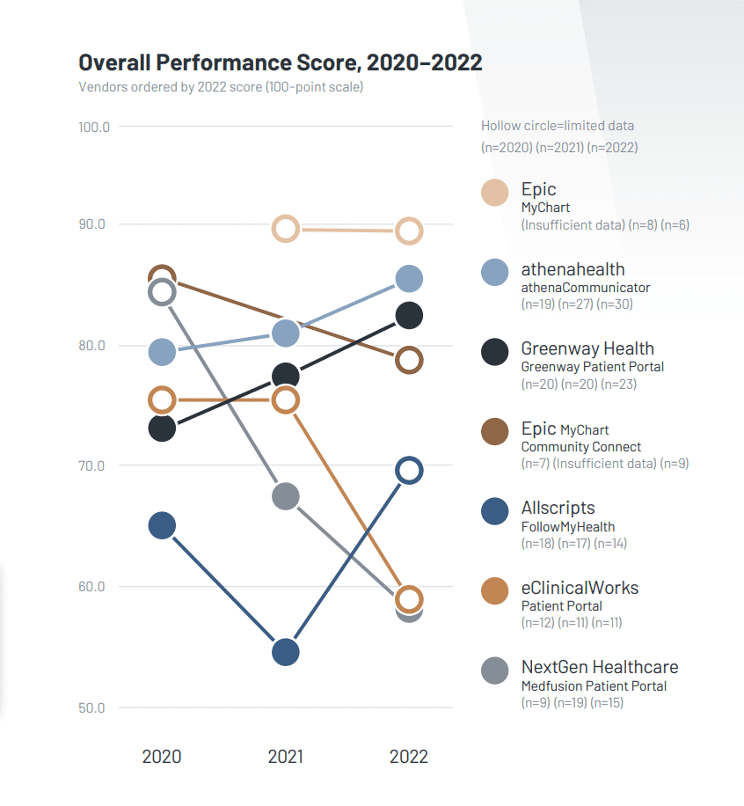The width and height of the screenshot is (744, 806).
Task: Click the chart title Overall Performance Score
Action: click(280, 62)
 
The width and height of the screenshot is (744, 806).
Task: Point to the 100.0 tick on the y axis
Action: click(93, 127)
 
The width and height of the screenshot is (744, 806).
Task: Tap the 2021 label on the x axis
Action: click(285, 757)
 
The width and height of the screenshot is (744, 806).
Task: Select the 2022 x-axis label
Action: click(409, 757)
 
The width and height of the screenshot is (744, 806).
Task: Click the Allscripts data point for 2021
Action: click(286, 652)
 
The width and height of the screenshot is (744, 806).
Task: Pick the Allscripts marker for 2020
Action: click(162, 526)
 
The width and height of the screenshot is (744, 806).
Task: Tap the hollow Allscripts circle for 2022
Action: click(409, 471)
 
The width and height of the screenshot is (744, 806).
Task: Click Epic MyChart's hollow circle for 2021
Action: click(286, 230)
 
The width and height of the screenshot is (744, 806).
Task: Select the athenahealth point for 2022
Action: click(409, 279)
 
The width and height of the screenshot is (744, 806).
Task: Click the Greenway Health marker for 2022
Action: click(409, 315)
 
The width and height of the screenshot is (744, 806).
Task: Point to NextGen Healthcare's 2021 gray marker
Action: click(286, 496)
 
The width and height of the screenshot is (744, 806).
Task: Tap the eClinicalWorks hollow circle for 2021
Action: click(286, 400)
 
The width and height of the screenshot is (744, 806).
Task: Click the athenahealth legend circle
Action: click(495, 272)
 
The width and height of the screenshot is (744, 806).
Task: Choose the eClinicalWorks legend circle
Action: click(495, 590)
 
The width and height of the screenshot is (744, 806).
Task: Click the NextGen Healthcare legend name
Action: click(599, 667)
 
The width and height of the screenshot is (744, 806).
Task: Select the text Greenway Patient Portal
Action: click(592, 366)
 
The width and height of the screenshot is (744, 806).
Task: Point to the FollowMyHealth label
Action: click(567, 526)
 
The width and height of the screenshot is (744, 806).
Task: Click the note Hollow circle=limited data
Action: click(558, 126)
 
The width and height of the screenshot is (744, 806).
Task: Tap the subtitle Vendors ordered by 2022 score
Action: click(221, 87)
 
